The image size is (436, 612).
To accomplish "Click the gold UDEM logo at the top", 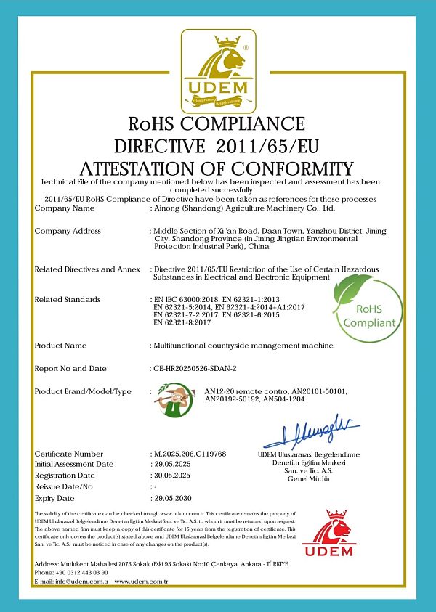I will click(218, 69).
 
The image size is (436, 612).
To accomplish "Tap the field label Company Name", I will click(65, 208).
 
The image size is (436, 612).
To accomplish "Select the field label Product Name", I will click(60, 346).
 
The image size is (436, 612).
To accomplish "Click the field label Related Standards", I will click(68, 299).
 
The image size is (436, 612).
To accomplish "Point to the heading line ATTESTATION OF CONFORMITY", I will click(217, 167).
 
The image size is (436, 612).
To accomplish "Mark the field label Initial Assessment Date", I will click(74, 464).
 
